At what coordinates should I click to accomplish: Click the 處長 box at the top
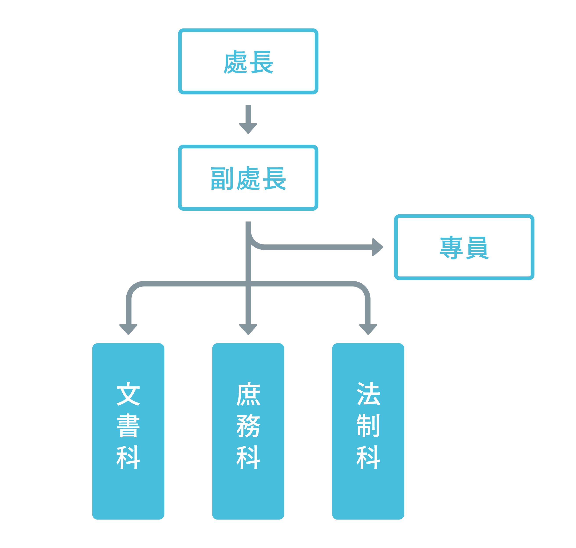248,61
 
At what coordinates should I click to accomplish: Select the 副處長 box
248,178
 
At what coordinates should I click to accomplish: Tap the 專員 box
464,247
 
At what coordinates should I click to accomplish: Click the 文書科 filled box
128,432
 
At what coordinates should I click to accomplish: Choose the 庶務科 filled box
248,432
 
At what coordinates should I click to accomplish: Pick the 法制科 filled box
368,432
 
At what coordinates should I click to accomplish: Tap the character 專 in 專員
451,247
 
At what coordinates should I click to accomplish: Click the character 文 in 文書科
128,394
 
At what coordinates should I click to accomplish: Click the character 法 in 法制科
368,394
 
